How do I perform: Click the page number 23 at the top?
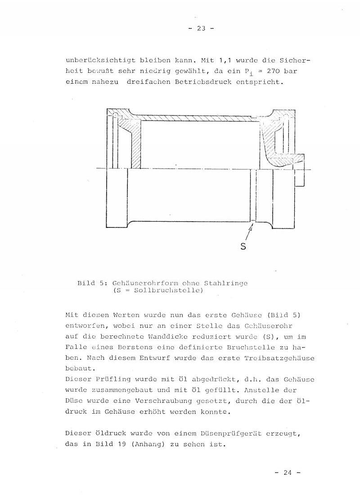201,28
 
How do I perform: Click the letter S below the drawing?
243,246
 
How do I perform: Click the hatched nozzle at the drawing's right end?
288,160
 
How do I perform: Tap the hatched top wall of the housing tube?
198,117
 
